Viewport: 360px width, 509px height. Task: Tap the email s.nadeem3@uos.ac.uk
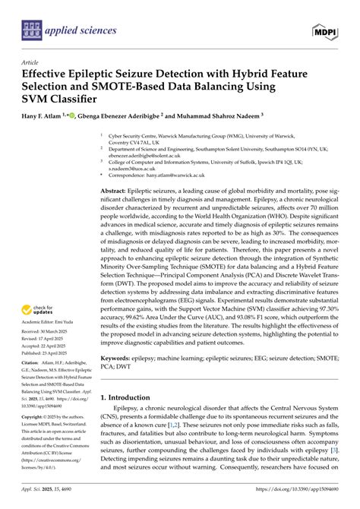(128, 169)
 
